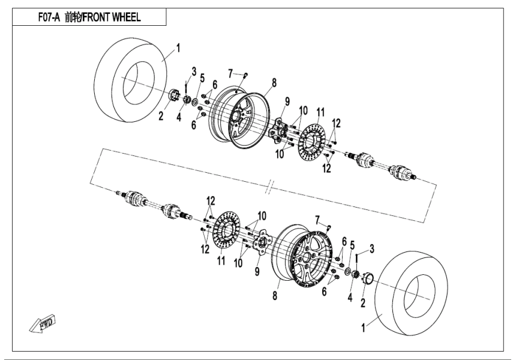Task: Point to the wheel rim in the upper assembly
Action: click(x=239, y=117)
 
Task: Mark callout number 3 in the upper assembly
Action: click(x=194, y=71)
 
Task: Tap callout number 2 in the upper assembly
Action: click(x=161, y=116)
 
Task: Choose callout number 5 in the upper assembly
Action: click(x=202, y=77)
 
